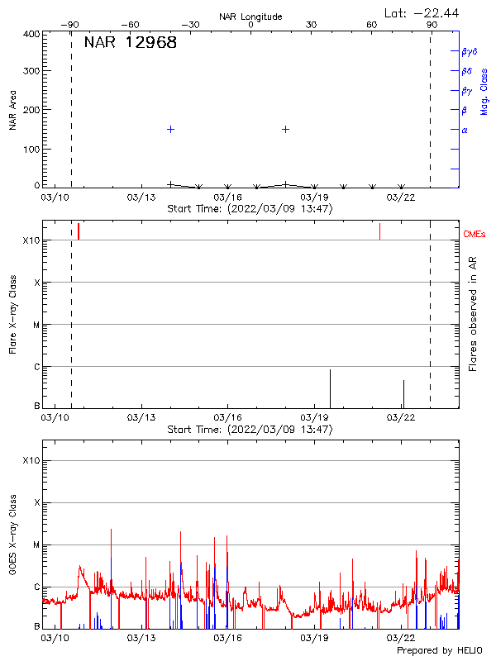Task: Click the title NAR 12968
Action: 131,43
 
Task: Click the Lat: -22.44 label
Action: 422,12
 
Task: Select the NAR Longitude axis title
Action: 250,16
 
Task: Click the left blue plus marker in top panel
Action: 170,129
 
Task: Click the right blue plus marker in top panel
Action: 285,129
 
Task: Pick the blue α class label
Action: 465,130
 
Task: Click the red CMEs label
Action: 475,235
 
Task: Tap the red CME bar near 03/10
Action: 79,231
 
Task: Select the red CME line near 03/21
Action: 379,231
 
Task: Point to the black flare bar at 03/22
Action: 403,393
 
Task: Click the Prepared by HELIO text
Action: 439,651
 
